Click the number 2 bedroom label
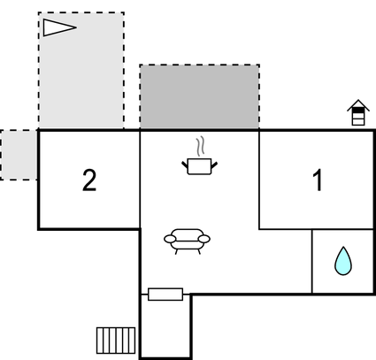[89, 180]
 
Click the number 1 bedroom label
[318, 180]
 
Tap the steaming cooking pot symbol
[199, 156]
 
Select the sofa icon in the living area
[187, 241]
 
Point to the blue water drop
[343, 261]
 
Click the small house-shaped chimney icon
[358, 112]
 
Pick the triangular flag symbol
[60, 27]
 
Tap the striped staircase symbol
[116, 341]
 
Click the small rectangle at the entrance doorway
[165, 295]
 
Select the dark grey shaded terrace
[200, 96]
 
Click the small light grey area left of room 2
[19, 155]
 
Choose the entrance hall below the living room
[165, 327]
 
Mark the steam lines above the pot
[200, 146]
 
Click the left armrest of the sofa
[170, 239]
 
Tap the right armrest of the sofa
[204, 239]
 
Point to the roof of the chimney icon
[358, 105]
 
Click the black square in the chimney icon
[358, 111]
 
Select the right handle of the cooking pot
[214, 165]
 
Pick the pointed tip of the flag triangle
[76, 27]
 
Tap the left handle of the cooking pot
[185, 165]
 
